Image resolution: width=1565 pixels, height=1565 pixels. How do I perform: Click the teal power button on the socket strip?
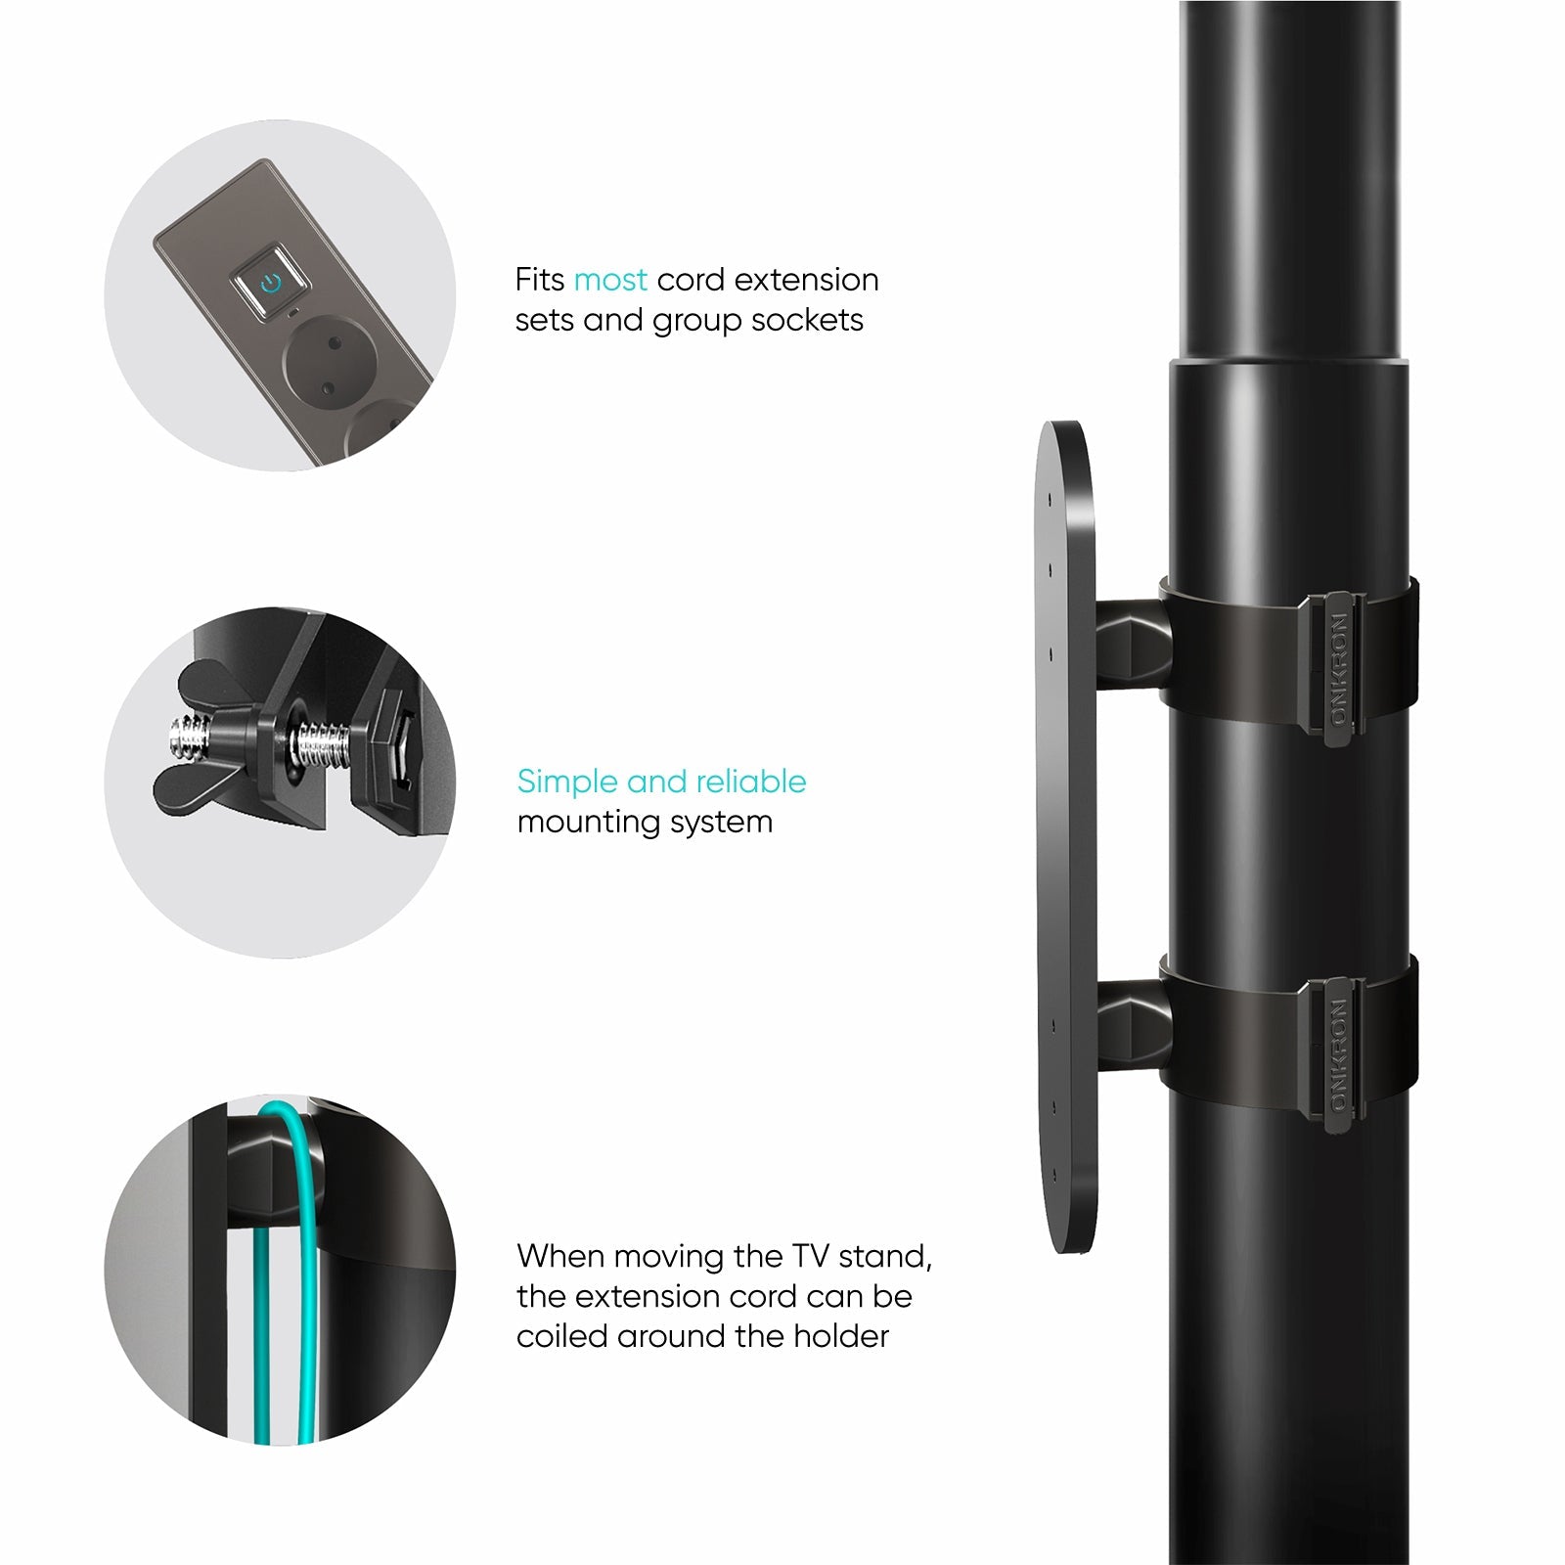click(271, 283)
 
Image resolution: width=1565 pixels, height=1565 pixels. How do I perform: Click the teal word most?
click(610, 281)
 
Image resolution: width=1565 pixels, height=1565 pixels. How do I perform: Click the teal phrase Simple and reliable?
click(661, 782)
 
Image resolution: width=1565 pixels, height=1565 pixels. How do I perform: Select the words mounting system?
click(645, 823)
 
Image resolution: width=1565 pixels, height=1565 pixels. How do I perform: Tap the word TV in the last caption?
click(810, 1256)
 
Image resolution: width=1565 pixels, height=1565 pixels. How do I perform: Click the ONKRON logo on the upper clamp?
click(1339, 669)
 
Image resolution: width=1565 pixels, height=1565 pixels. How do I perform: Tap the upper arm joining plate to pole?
click(1133, 645)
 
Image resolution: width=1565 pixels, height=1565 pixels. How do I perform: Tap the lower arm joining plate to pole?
click(1133, 1026)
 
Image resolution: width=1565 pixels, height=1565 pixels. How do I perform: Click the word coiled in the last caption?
click(562, 1337)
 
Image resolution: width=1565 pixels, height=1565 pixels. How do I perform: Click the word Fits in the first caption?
click(540, 281)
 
